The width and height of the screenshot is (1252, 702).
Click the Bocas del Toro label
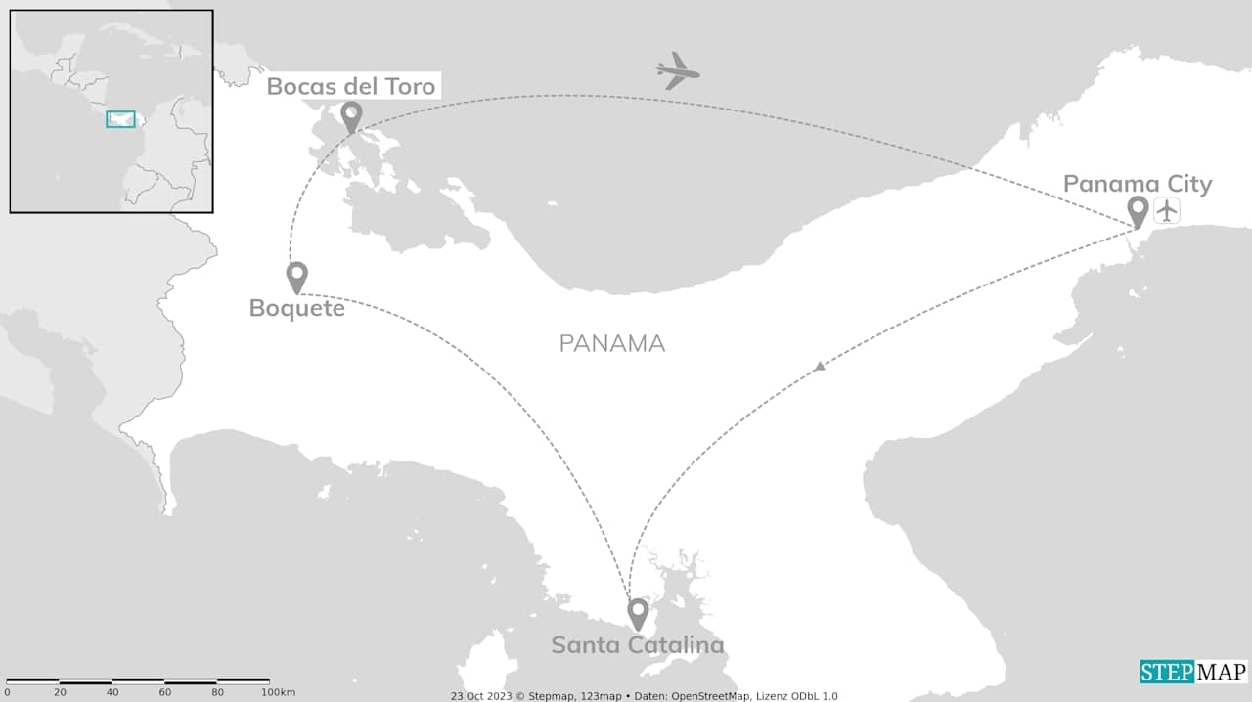(x=350, y=87)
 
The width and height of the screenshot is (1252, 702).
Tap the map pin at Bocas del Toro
(x=351, y=116)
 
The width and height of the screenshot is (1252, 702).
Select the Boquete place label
(x=296, y=308)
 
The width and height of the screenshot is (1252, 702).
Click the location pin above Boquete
(x=297, y=276)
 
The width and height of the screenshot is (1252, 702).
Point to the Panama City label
(x=1137, y=184)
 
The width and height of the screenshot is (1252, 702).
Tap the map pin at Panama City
(x=1138, y=210)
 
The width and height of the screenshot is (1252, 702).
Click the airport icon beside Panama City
(x=1166, y=210)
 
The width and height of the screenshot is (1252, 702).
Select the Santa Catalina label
(x=637, y=645)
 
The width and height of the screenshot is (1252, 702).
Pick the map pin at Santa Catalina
(x=638, y=613)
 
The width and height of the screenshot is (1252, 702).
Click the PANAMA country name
(x=612, y=344)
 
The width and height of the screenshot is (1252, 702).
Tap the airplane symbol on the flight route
(x=678, y=71)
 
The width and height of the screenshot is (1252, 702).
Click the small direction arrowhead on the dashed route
(x=820, y=367)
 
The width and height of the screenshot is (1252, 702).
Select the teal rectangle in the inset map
(x=120, y=119)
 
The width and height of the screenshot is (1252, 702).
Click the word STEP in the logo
(x=1167, y=673)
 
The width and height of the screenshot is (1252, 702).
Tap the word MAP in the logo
(x=1221, y=673)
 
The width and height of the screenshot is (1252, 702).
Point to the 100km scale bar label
(x=278, y=692)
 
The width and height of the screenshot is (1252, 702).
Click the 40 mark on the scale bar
(x=112, y=692)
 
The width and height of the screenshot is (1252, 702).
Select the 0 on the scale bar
(x=8, y=692)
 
